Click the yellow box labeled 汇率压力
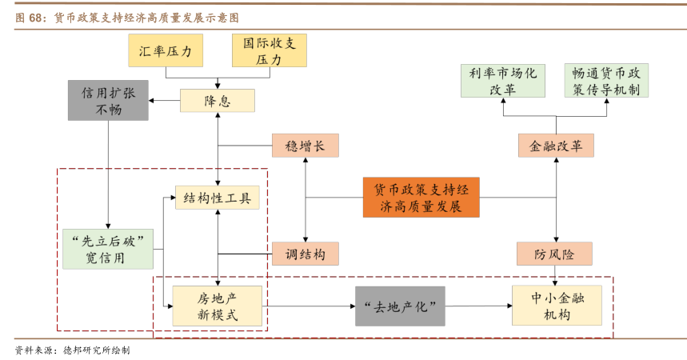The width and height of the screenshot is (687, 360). coord(166,51)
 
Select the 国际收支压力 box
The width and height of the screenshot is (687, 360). coord(270,50)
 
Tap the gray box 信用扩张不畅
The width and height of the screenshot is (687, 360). coord(108,101)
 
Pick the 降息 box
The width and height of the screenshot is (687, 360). coord(218,101)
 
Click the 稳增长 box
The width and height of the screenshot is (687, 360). coord(305,146)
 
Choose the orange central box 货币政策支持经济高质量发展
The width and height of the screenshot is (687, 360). coord(421,198)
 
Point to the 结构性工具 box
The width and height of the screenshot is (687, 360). coord(218,198)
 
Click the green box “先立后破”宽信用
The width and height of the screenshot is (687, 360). coord(107,249)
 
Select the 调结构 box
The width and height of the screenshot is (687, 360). coord(305,254)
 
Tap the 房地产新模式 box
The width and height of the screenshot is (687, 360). coord(218,306)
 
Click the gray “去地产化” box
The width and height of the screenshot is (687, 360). coord(400,306)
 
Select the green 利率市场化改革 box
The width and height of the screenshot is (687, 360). coord(503,81)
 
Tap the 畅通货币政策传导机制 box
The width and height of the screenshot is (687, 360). coord(605,81)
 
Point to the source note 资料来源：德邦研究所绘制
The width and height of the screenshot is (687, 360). coord(72,350)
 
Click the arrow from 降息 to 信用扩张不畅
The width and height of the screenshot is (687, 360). coord(166,101)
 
